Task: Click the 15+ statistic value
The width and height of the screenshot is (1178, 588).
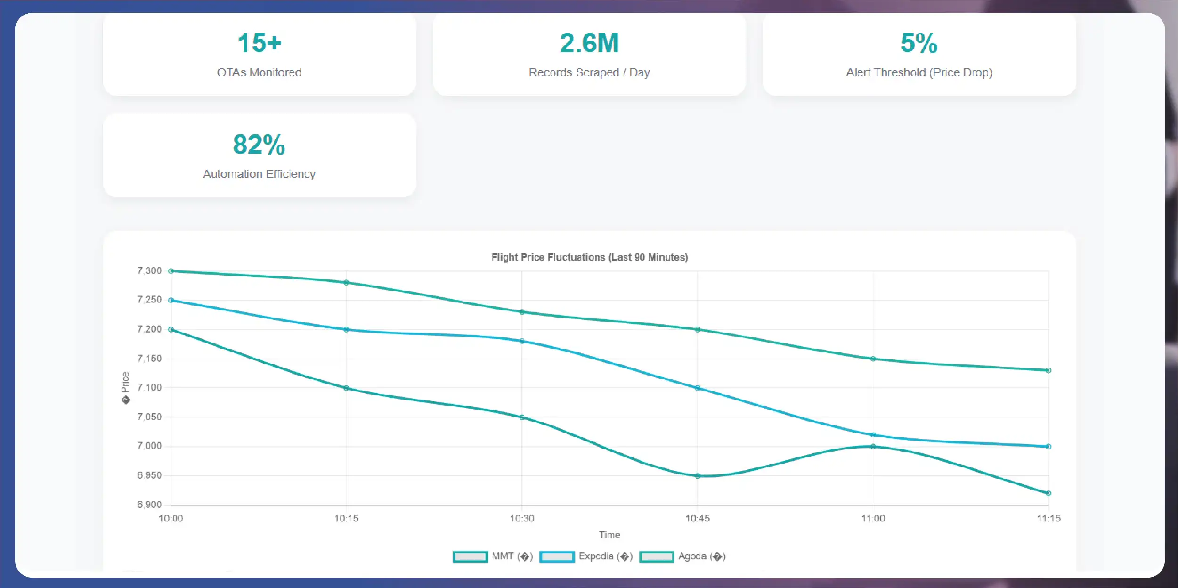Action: pyautogui.click(x=259, y=43)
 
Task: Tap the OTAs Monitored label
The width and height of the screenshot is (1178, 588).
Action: pyautogui.click(x=259, y=73)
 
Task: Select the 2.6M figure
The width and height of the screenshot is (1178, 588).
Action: pyautogui.click(x=589, y=43)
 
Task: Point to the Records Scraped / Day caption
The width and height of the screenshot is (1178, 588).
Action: pyautogui.click(x=589, y=73)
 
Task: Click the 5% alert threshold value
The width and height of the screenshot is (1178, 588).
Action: pyautogui.click(x=919, y=43)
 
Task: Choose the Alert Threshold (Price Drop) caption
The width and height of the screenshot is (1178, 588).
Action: pyautogui.click(x=919, y=73)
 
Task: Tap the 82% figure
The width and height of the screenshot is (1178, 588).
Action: pyautogui.click(x=259, y=145)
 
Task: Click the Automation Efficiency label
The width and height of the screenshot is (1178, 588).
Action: pyautogui.click(x=259, y=174)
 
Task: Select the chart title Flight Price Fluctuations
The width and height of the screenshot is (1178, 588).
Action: pyautogui.click(x=589, y=257)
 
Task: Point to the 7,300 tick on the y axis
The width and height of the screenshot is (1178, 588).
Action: pyautogui.click(x=149, y=270)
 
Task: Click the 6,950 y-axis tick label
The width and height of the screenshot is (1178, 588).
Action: pyautogui.click(x=149, y=475)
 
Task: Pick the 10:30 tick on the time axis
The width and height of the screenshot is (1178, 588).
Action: pyautogui.click(x=522, y=518)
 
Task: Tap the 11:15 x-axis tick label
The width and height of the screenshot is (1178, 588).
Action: pyautogui.click(x=1048, y=518)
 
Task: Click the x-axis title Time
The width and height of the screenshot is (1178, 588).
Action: pyautogui.click(x=609, y=535)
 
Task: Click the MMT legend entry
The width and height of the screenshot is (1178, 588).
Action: pyautogui.click(x=493, y=556)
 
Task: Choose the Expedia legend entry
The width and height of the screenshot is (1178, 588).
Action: pyautogui.click(x=586, y=556)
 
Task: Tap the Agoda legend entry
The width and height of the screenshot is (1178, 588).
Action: pyautogui.click(x=682, y=556)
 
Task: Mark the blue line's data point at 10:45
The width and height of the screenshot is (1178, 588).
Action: pyautogui.click(x=698, y=388)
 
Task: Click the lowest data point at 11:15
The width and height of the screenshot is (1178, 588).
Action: pyautogui.click(x=1048, y=493)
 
